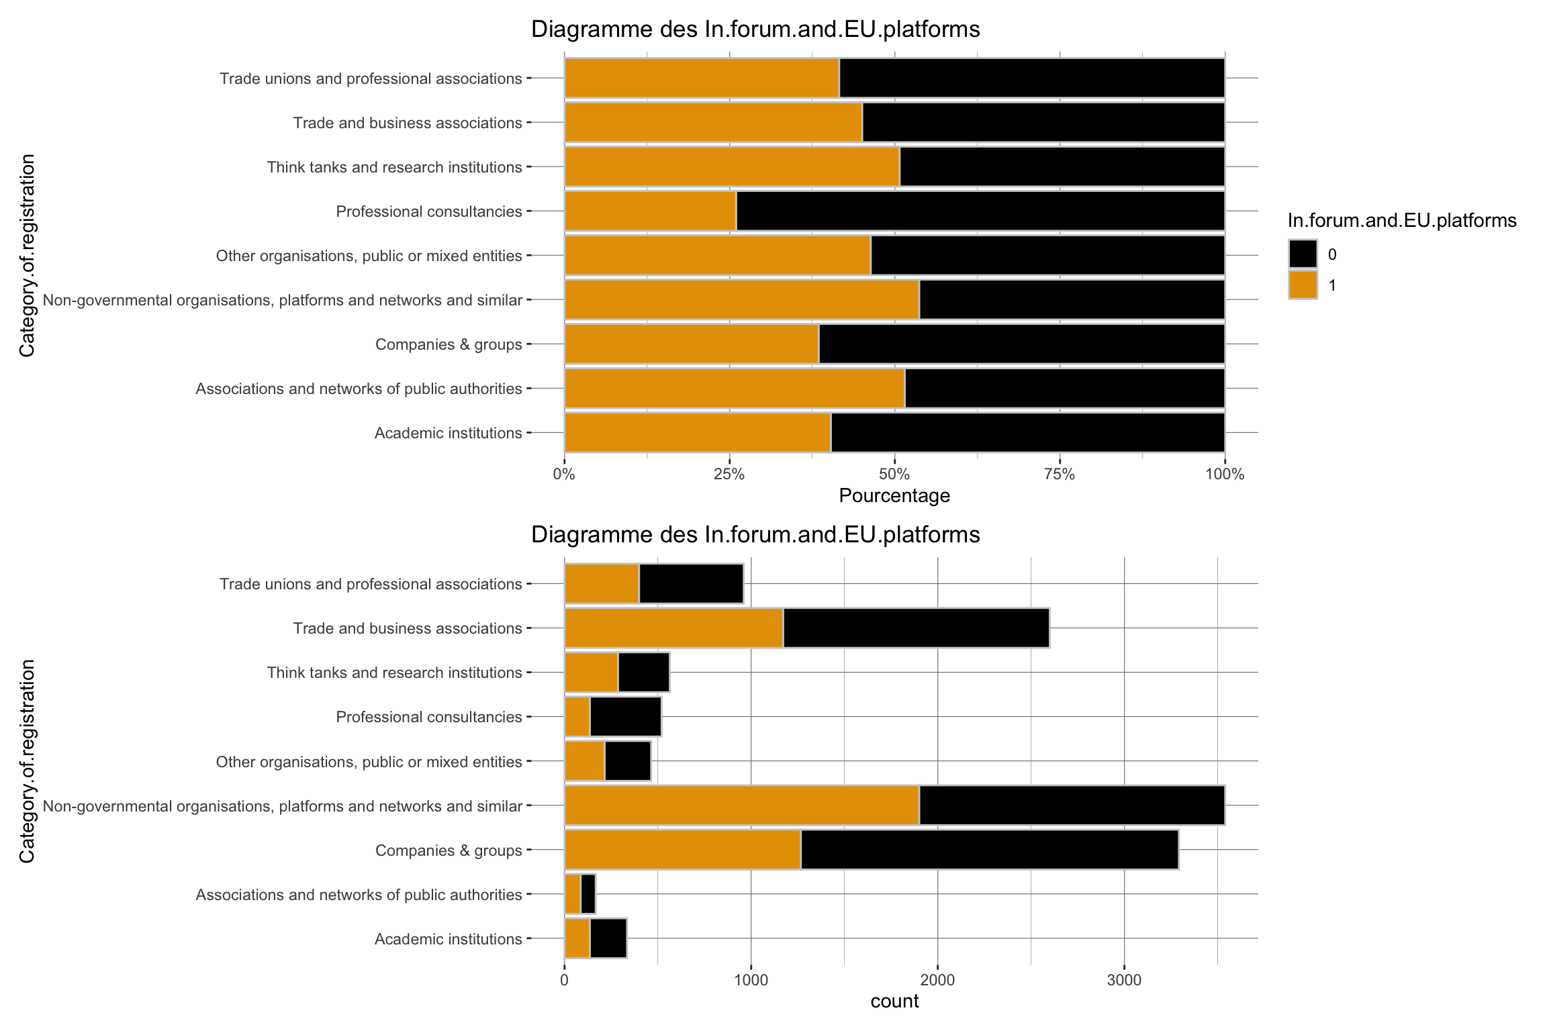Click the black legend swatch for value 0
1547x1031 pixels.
click(1303, 254)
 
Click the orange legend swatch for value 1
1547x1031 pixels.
click(1303, 285)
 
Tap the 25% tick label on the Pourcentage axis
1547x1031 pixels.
click(729, 475)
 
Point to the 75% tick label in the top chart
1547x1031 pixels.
click(1060, 475)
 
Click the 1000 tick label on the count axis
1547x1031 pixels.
click(751, 980)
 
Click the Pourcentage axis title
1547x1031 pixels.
click(894, 496)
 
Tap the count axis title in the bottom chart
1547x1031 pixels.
click(894, 1001)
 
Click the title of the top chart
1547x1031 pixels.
click(755, 30)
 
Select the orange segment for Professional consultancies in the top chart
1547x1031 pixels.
click(650, 211)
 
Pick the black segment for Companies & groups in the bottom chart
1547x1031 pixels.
click(990, 850)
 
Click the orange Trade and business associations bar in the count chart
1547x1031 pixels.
click(673, 628)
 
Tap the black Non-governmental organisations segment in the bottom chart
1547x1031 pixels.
click(1072, 805)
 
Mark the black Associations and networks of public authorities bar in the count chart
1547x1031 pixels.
click(588, 894)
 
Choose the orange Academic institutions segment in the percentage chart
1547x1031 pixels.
click(697, 433)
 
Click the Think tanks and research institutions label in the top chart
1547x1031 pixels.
click(394, 167)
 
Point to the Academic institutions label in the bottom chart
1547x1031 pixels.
click(448, 939)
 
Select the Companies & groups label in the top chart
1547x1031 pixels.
click(448, 344)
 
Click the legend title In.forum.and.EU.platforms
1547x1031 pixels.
click(1402, 221)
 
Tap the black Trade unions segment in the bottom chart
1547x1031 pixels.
click(691, 584)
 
